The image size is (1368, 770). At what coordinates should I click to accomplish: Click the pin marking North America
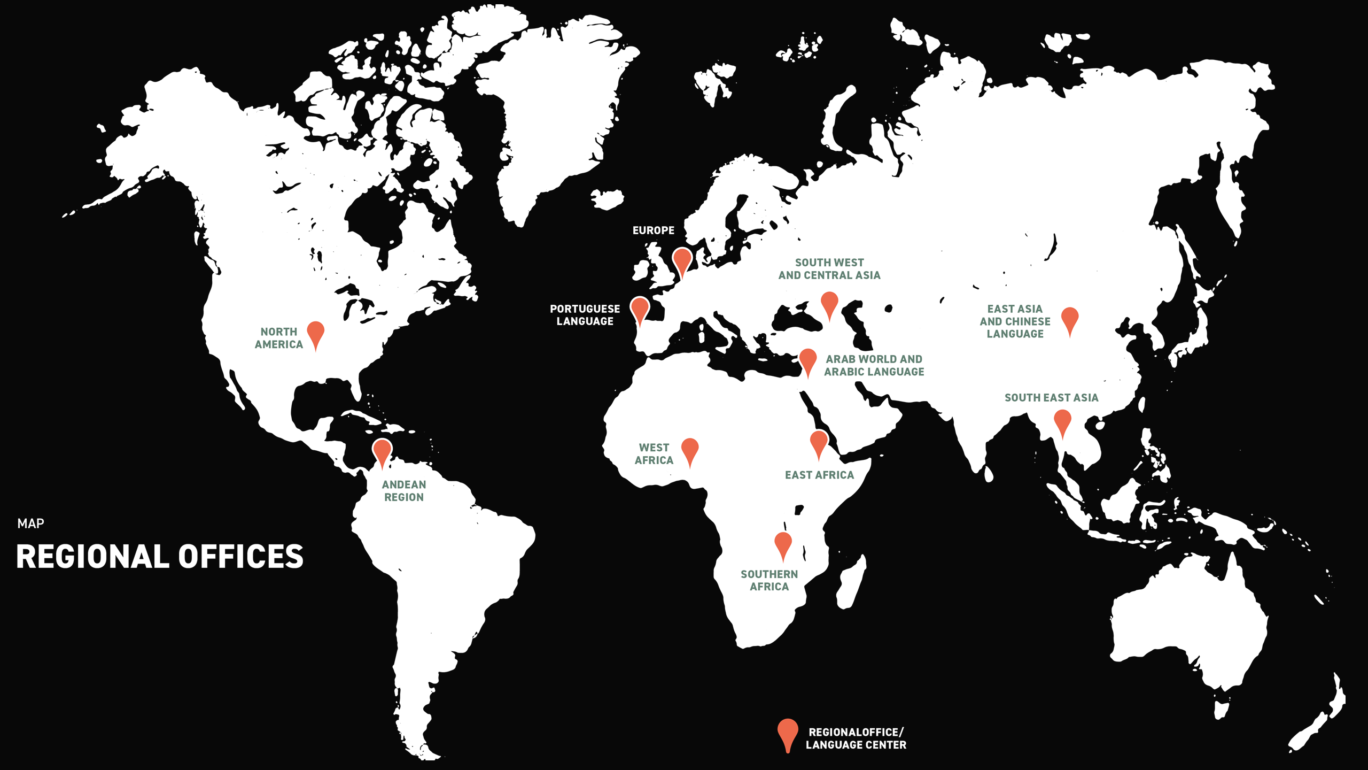pyautogui.click(x=316, y=332)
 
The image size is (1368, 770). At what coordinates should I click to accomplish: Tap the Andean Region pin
pyautogui.click(x=382, y=450)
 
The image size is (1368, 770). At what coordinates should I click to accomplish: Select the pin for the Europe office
pyautogui.click(x=682, y=259)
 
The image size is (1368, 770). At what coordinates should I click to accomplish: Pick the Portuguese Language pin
pyautogui.click(x=640, y=308)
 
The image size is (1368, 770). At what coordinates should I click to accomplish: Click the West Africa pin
pyautogui.click(x=690, y=449)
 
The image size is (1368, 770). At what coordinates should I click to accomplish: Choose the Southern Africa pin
pyautogui.click(x=783, y=543)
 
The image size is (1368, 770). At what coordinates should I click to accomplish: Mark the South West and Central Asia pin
pyautogui.click(x=829, y=303)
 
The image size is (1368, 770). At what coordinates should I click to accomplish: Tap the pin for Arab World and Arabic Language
pyautogui.click(x=807, y=359)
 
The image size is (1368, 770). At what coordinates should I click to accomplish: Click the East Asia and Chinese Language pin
pyautogui.click(x=1070, y=318)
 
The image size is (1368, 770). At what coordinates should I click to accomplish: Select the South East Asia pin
pyautogui.click(x=1062, y=421)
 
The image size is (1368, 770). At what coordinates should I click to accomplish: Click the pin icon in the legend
pyautogui.click(x=788, y=731)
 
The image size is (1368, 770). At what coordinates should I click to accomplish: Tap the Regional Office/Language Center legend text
pyautogui.click(x=856, y=738)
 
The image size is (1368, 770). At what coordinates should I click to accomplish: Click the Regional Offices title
pyautogui.click(x=160, y=557)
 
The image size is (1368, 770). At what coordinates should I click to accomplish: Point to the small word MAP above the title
pyautogui.click(x=30, y=523)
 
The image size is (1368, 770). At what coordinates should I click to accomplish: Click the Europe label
pyautogui.click(x=653, y=230)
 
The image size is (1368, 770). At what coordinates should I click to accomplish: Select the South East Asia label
pyautogui.click(x=1051, y=398)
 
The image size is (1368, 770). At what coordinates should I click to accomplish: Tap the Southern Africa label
pyautogui.click(x=769, y=580)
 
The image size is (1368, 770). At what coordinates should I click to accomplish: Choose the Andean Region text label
pyautogui.click(x=404, y=491)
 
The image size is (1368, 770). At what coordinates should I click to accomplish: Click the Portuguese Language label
pyautogui.click(x=585, y=315)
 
